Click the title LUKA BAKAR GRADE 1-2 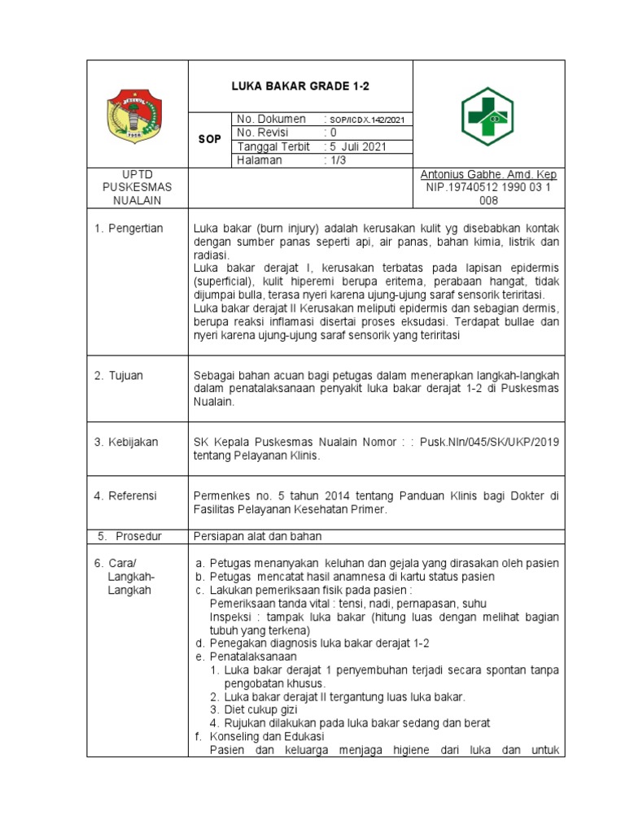pos(300,86)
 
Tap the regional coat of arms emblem pos(138,116)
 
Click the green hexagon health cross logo pos(487,116)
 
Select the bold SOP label pos(210,140)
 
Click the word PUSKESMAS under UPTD pos(138,188)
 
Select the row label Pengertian pos(135,228)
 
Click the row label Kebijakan pos(133,442)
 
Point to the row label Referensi pos(133,495)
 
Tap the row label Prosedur pos(138,536)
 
